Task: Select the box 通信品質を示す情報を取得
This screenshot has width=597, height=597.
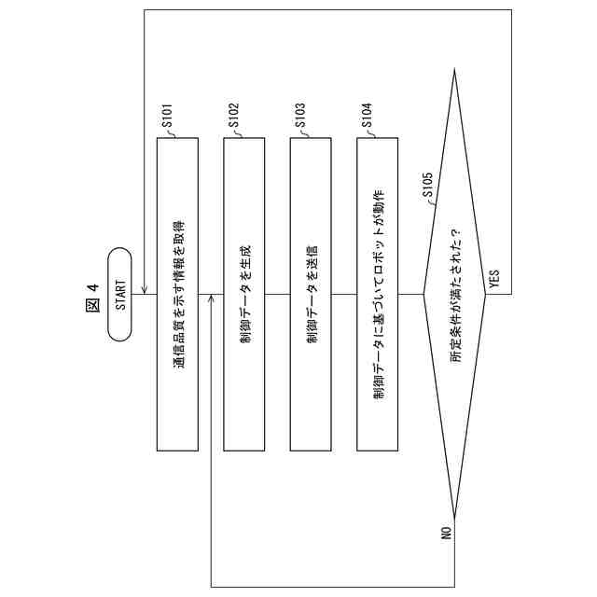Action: pos(177,295)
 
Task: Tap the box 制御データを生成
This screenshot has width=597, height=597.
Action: pos(244,295)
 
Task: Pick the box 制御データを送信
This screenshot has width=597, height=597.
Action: pos(312,295)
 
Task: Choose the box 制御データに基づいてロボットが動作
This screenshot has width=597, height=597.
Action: pos(378,295)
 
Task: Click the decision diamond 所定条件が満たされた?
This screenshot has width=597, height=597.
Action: pos(455,295)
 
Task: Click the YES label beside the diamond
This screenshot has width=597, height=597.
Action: pos(494,278)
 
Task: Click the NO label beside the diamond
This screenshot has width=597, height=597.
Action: pos(446,534)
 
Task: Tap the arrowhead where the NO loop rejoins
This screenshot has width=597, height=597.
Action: pos(211,299)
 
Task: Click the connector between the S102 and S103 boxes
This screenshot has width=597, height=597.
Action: pos(278,295)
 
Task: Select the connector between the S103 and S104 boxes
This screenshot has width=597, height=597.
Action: pos(344,295)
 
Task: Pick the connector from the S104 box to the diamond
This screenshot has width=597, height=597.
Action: pos(410,295)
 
